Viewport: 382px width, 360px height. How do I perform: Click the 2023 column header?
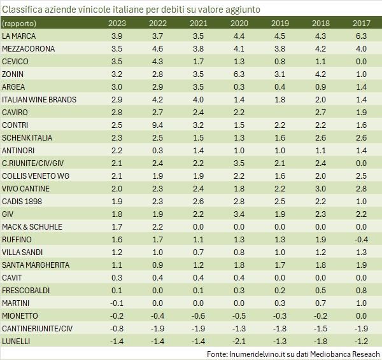click(x=117, y=24)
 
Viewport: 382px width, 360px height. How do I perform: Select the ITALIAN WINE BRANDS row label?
click(x=39, y=100)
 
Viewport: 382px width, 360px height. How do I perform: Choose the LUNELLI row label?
click(x=17, y=341)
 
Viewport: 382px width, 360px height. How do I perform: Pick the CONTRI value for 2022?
click(x=158, y=125)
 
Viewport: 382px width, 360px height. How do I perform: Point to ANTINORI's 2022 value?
click(x=158, y=151)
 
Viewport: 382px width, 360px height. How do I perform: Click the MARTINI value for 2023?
click(x=117, y=303)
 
